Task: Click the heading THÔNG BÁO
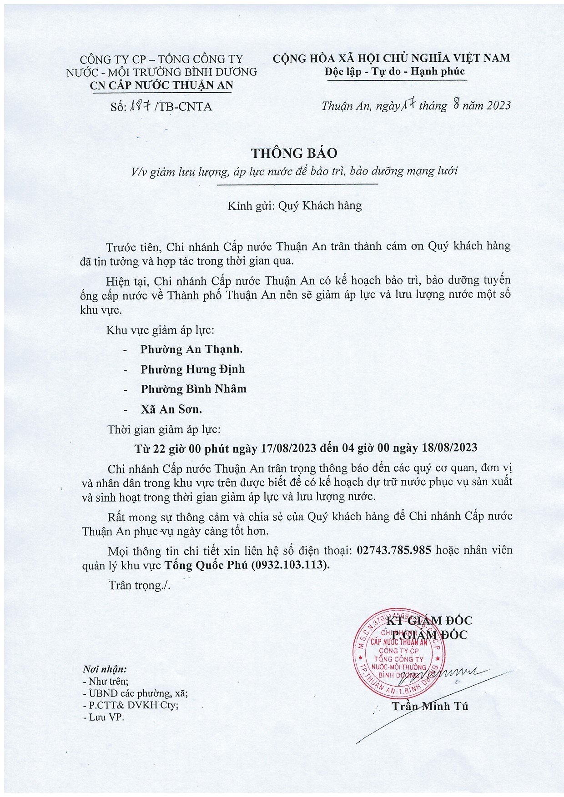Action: point(294,153)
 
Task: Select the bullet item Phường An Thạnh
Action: point(191,349)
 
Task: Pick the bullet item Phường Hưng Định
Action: point(192,369)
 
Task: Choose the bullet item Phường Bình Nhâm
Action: point(193,389)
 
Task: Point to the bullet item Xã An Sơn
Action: point(171,409)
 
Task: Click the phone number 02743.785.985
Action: point(394,550)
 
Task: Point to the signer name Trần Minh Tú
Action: point(430,706)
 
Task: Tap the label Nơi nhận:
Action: point(105,669)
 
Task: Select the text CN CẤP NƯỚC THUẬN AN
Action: point(161,85)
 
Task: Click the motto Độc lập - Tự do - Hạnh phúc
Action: point(395,71)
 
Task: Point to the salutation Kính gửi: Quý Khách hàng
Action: point(295,206)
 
